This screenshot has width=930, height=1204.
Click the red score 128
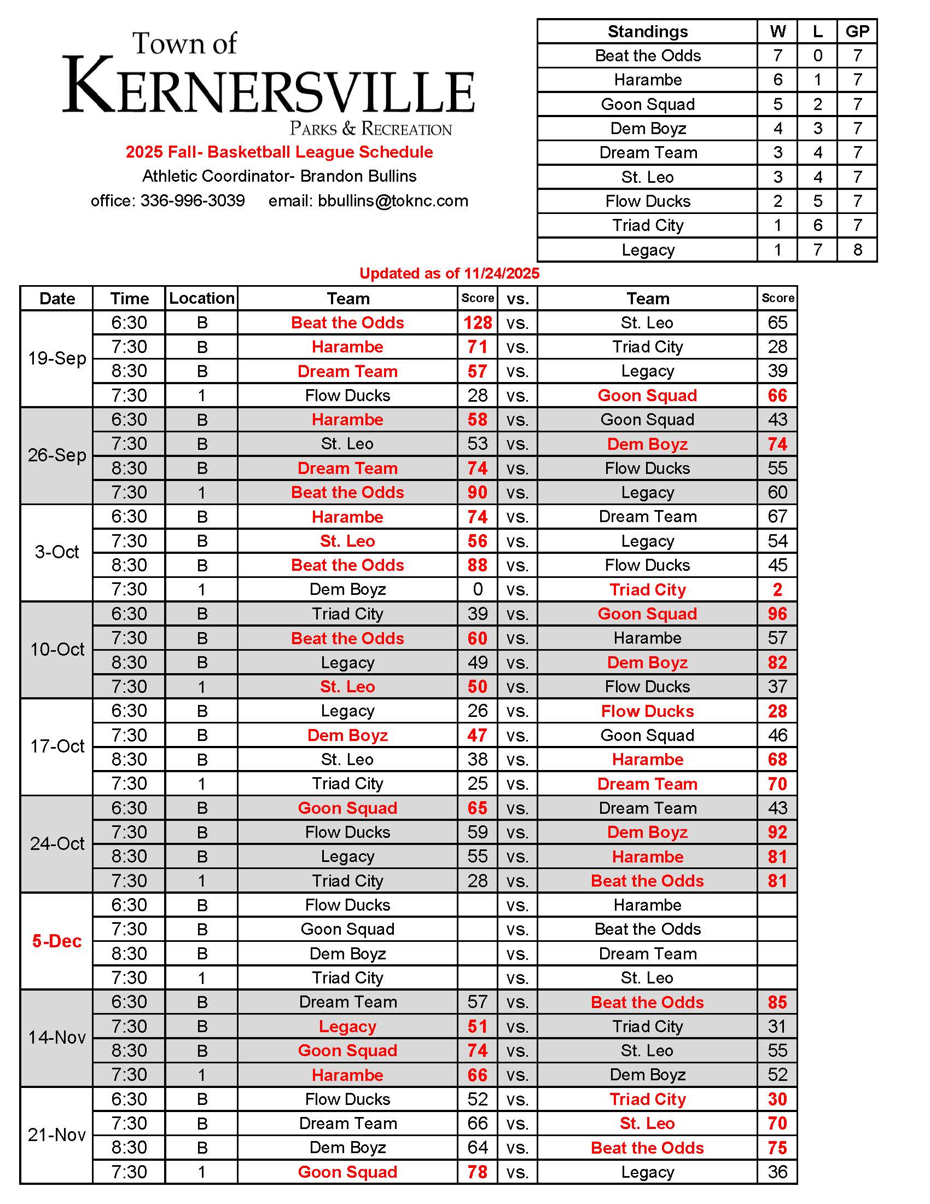(x=477, y=322)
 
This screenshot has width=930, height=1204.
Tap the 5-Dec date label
(x=57, y=940)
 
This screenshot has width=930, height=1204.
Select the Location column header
(x=202, y=298)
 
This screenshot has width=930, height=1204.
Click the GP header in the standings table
(x=857, y=31)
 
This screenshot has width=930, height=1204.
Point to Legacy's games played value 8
(x=857, y=250)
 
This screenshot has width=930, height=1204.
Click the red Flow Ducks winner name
(x=647, y=710)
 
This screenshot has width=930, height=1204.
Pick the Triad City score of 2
(x=777, y=589)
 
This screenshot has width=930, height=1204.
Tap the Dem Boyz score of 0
(x=477, y=589)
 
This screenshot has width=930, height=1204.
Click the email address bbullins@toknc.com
(x=393, y=201)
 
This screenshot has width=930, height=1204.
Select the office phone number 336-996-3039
(x=192, y=201)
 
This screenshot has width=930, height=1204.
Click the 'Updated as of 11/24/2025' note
(x=449, y=274)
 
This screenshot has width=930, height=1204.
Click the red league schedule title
(x=279, y=152)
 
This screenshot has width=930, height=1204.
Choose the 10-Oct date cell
(x=57, y=650)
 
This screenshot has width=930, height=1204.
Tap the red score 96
(x=777, y=613)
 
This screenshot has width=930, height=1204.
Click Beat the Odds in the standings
(x=647, y=56)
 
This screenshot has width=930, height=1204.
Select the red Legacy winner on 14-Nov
(x=347, y=1027)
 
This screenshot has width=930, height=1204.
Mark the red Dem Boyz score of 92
(x=777, y=832)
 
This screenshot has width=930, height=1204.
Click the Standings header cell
(x=647, y=31)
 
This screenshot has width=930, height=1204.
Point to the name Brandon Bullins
(x=358, y=176)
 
